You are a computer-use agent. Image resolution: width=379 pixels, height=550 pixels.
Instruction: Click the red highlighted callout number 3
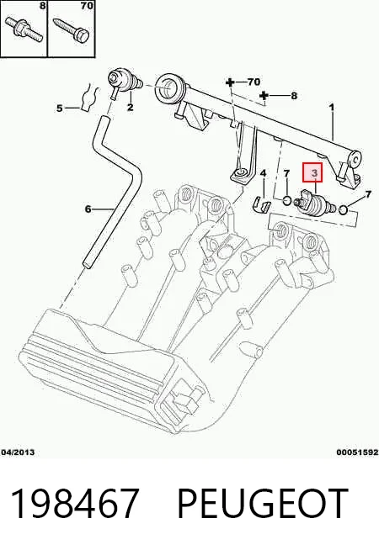click(312, 172)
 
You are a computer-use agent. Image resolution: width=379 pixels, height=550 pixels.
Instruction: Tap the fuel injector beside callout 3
click(314, 204)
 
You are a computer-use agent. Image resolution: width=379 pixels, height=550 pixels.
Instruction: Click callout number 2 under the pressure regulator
click(131, 107)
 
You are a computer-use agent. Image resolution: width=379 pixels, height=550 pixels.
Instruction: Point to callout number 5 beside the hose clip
click(60, 108)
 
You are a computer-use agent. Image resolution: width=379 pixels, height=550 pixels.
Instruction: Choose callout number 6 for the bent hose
click(88, 209)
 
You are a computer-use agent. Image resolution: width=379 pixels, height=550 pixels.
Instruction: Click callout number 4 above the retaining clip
click(263, 173)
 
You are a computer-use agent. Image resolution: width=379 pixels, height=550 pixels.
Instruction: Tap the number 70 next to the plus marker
click(254, 82)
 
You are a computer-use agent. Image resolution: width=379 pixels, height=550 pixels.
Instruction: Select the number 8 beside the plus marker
click(294, 95)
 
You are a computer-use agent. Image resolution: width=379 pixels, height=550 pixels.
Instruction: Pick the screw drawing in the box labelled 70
click(72, 30)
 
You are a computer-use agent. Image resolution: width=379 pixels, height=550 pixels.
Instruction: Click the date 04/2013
click(18, 452)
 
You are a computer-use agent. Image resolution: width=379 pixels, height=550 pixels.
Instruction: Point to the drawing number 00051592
click(357, 452)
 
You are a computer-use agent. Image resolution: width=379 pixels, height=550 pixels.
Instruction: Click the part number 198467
click(74, 504)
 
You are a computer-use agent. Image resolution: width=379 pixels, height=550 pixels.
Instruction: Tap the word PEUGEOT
click(263, 504)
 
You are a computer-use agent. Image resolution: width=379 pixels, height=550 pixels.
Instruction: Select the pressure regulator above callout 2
click(125, 82)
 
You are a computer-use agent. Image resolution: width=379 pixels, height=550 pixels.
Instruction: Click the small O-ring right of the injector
click(344, 210)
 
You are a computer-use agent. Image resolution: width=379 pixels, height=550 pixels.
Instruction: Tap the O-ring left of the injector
click(287, 201)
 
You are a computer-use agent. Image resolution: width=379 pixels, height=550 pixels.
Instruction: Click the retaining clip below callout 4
click(262, 205)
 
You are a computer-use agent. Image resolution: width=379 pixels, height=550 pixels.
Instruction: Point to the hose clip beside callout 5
click(87, 97)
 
